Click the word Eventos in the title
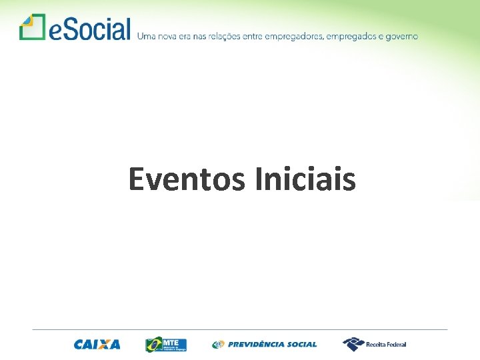(187, 179)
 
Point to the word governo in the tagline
(400, 36)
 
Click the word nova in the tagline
(165, 36)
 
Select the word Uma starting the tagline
(145, 36)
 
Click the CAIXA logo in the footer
(97, 345)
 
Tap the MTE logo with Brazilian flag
(166, 344)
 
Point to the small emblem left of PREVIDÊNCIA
(218, 345)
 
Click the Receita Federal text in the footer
(386, 345)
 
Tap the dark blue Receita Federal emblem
(353, 344)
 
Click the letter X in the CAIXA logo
(104, 345)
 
